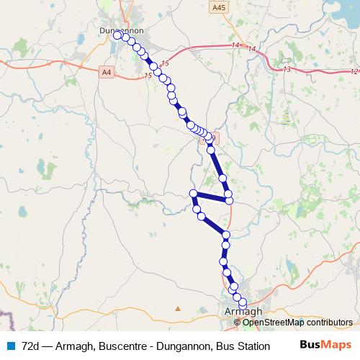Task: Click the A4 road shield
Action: point(107,71)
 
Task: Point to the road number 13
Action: point(287,69)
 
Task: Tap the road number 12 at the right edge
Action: point(354,71)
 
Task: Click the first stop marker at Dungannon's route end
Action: point(118,35)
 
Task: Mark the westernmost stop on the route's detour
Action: point(193,193)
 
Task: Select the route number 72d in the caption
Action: point(32,345)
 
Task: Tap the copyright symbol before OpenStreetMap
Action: point(237,323)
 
